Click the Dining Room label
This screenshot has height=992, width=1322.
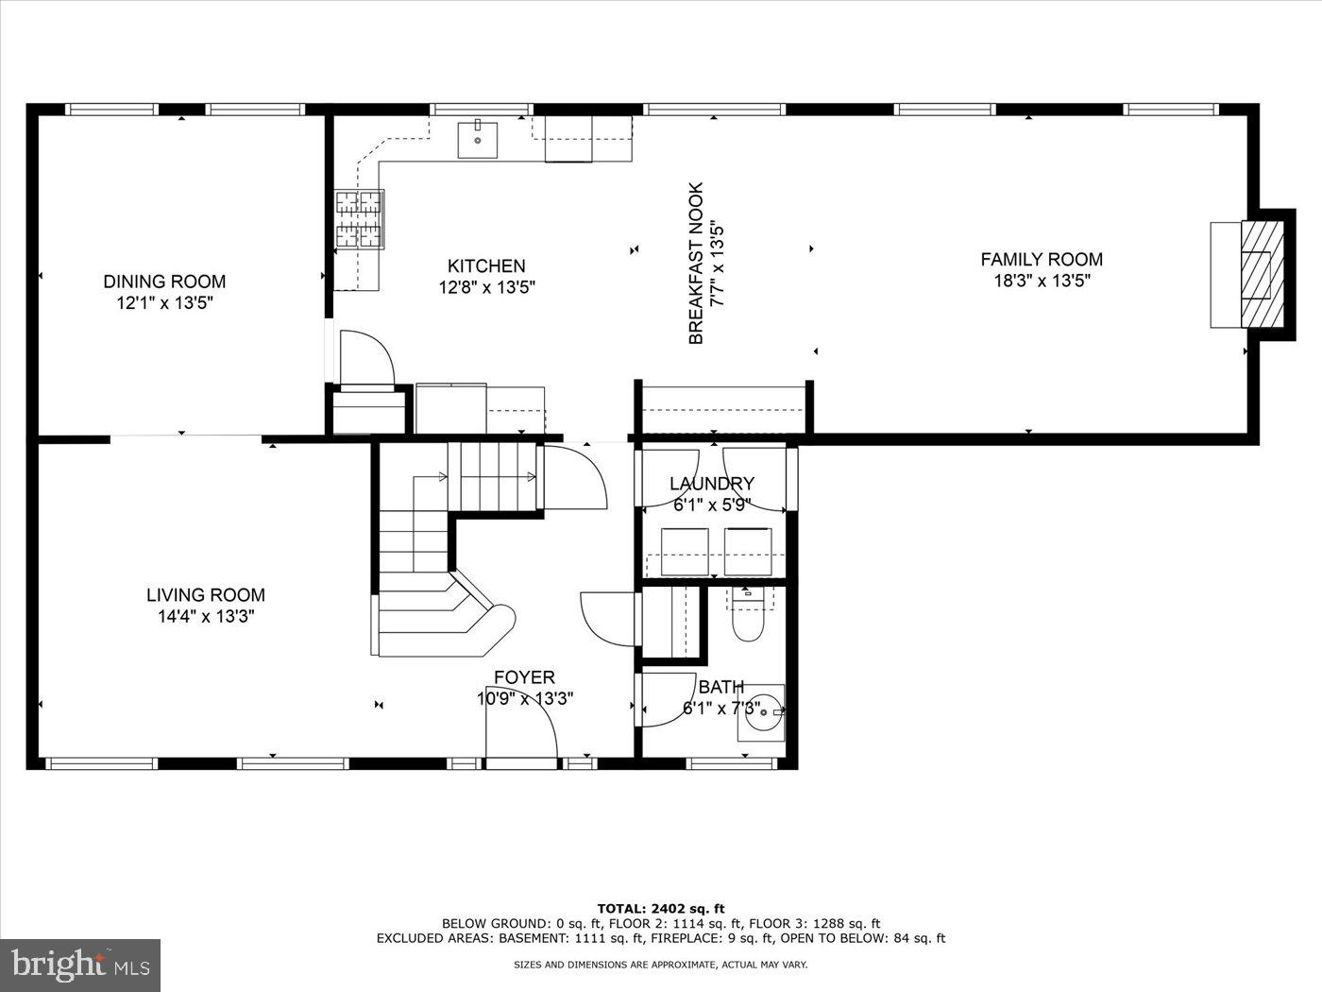point(164,282)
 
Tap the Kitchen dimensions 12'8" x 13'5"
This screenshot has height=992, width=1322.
point(486,288)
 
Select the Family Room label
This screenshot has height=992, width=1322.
point(1041,259)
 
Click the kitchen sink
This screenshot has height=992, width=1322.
point(478,140)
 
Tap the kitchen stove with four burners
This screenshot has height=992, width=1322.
point(359,220)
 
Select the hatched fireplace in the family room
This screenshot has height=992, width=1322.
point(1255,274)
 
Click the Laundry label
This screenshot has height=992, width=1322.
point(711,484)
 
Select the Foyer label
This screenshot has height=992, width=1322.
point(524,677)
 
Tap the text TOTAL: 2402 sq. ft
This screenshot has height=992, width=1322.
point(660,909)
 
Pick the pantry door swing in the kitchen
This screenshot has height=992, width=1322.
point(364,359)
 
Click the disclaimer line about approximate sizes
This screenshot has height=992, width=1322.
point(660,965)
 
